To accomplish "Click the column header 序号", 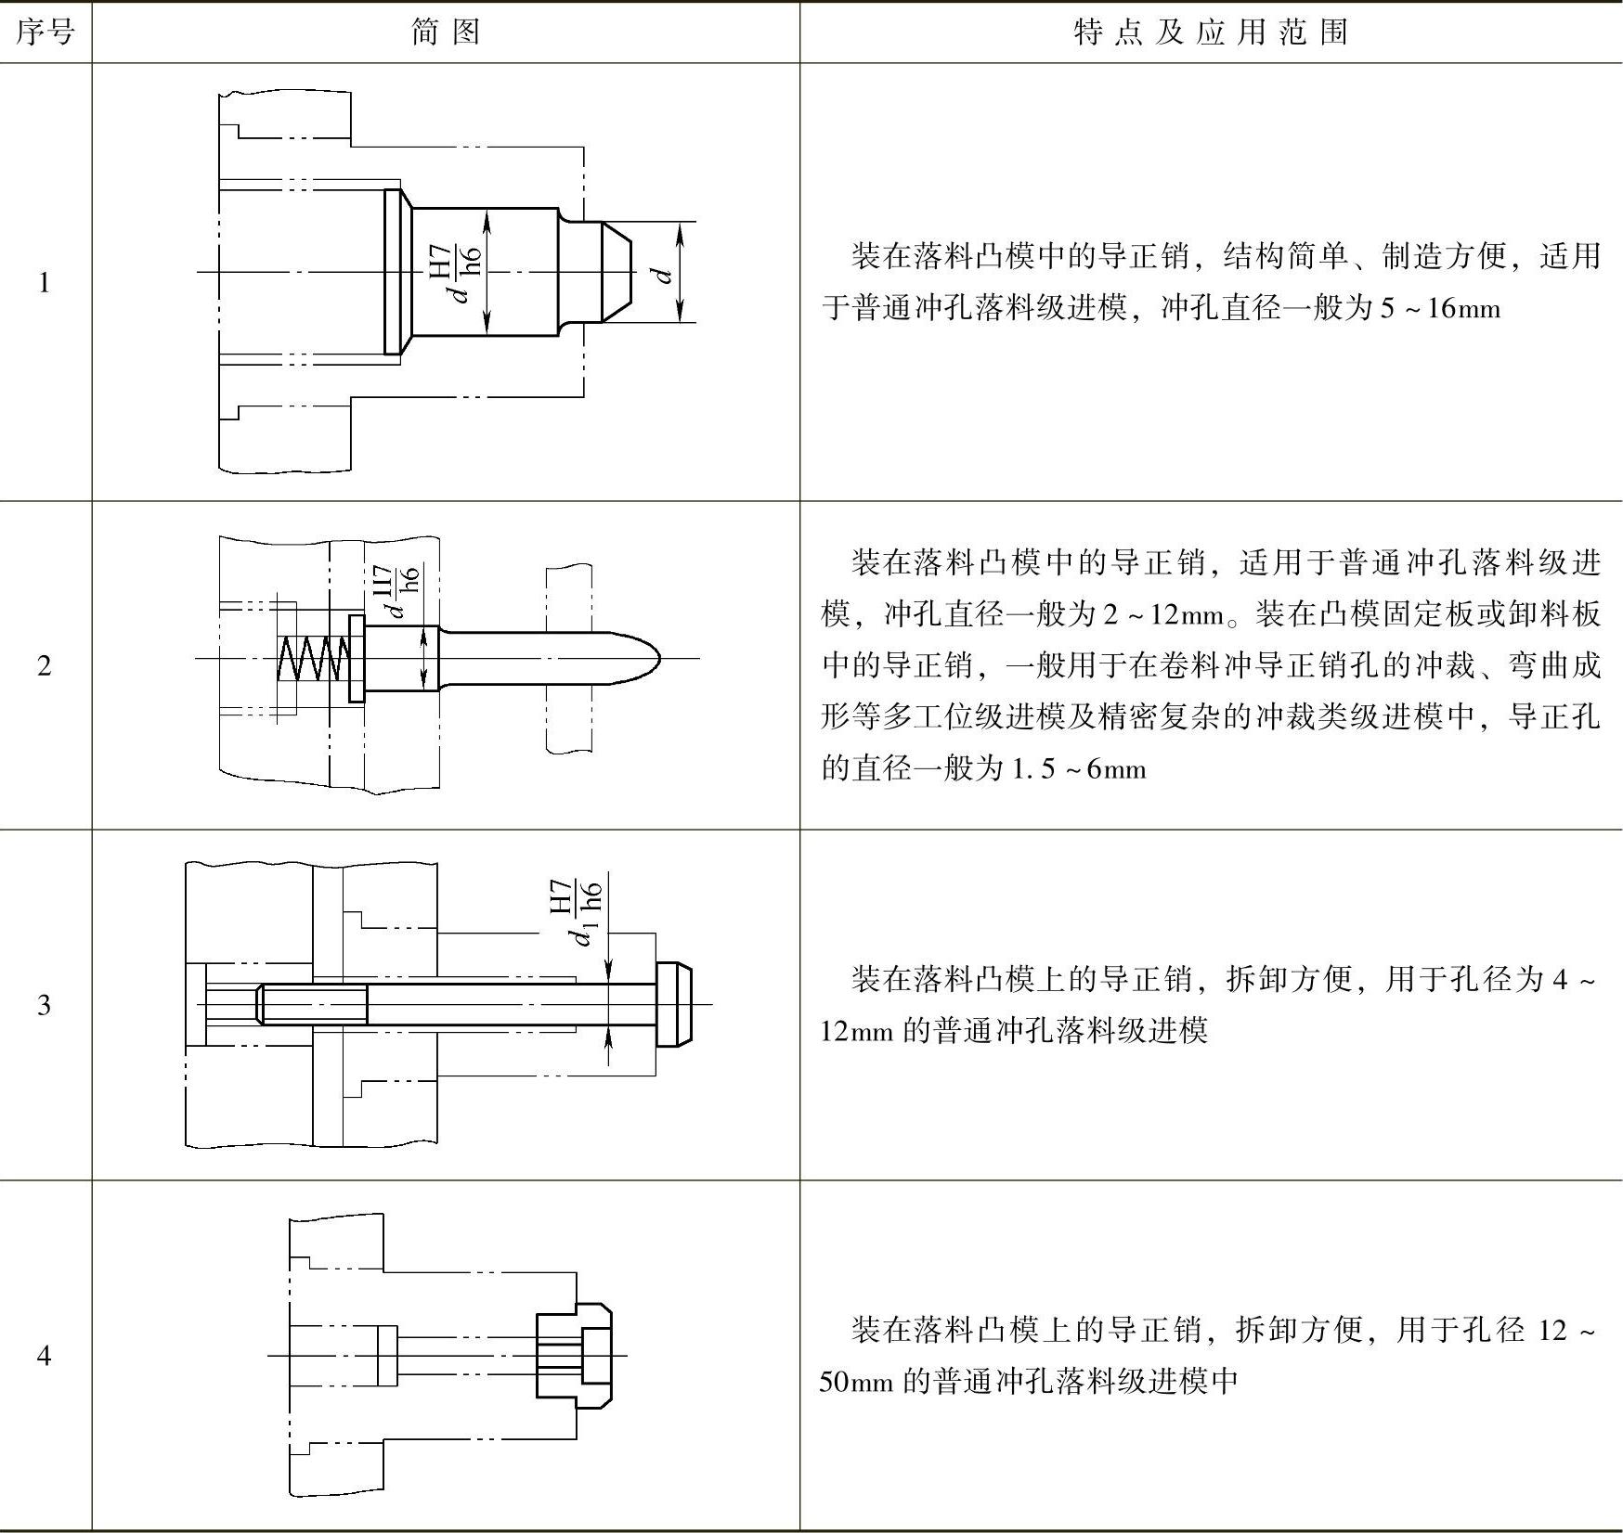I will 45,32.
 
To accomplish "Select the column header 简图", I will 446,32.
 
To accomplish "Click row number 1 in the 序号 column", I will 45,282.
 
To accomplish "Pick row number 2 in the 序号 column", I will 45,665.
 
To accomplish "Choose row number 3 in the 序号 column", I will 45,1005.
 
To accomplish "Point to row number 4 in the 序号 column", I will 45,1356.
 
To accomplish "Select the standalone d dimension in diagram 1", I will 661,275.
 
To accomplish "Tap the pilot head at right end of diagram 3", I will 675,1005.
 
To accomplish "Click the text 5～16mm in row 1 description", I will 1439,308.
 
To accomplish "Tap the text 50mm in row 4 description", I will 856,1382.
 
